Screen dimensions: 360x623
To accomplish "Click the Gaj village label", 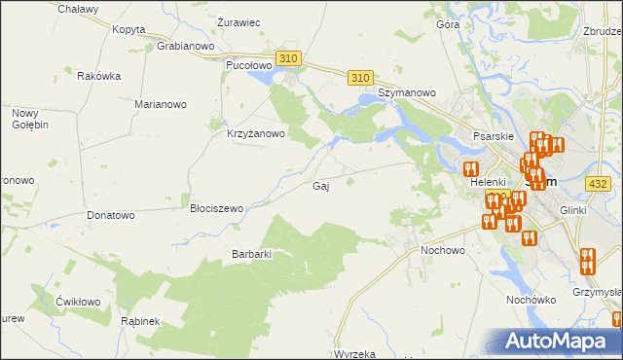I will pos(319,186).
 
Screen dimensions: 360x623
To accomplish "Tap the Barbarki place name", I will pos(250,254).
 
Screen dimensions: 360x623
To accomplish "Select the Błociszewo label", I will pos(216,208).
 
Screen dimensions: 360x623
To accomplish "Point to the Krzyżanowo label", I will pos(255,134).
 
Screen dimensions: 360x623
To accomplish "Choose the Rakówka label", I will pos(98,76).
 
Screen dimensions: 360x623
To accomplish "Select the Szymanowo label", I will pos(407,92).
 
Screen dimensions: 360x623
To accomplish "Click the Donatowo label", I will pos(110,214).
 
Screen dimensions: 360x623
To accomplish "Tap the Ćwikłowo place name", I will pos(78,302).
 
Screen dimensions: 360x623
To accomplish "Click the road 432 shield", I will pos(599,183).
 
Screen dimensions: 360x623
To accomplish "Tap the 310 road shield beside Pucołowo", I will pos(287,59).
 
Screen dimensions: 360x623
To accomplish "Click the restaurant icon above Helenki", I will pos(471,167).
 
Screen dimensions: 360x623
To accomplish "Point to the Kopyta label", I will pos(128,29).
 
